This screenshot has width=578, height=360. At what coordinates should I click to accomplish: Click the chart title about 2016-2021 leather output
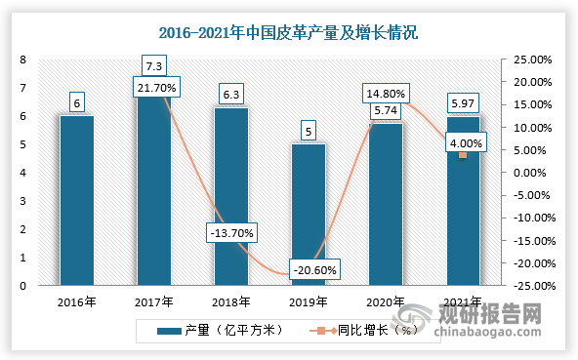289,33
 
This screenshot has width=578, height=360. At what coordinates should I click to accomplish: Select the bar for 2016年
76,200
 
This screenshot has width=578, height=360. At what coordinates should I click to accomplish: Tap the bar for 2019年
309,215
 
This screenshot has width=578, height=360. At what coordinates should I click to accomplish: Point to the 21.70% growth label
153,89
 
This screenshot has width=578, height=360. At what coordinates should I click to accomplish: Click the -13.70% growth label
231,233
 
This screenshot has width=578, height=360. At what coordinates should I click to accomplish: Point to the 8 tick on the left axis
22,60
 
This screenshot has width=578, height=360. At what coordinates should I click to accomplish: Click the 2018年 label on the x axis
230,301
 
